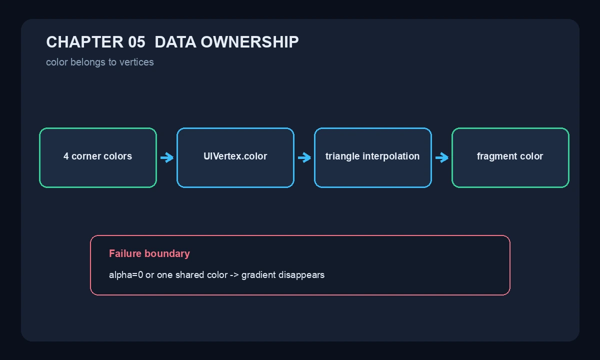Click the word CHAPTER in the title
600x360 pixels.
point(85,42)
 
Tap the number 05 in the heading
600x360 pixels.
point(136,42)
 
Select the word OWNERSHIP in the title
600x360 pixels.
point(249,42)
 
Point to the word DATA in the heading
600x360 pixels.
point(175,42)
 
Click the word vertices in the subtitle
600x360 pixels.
point(136,62)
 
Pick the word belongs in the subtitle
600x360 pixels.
point(88,62)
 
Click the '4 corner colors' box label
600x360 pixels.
point(98,156)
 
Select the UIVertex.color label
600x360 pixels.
point(235,156)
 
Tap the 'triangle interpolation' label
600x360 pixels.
point(372,156)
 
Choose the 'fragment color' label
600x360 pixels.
point(510,156)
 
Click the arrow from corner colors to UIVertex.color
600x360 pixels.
point(167,157)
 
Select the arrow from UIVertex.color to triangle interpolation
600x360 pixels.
point(304,157)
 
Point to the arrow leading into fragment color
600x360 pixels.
point(442,157)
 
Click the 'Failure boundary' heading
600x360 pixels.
point(149,253)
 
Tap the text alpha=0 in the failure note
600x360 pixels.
point(126,275)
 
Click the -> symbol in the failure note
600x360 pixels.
point(234,275)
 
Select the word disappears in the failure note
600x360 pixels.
point(301,275)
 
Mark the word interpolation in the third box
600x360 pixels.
point(391,156)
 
